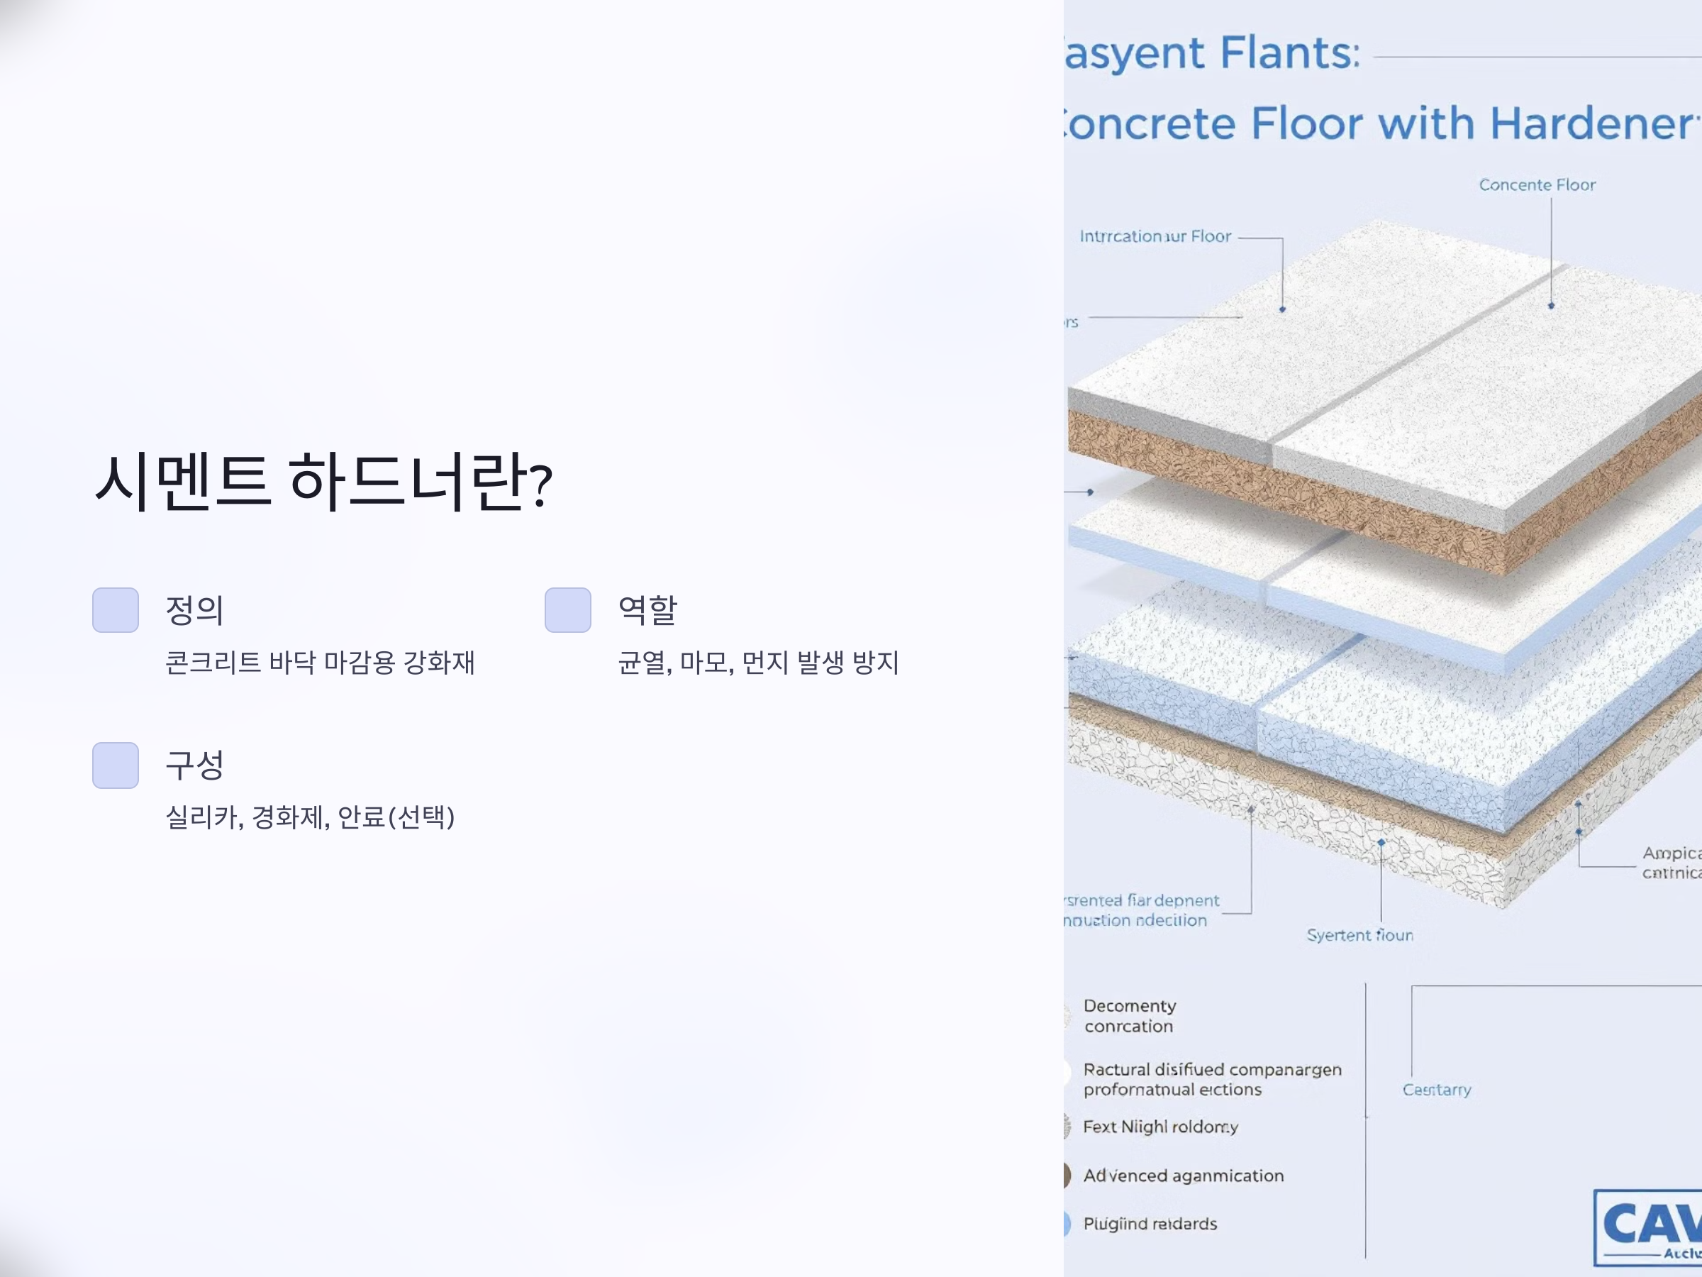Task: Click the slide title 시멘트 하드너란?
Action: [323, 482]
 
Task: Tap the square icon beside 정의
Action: [116, 609]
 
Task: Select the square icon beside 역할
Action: [568, 609]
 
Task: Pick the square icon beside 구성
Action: [116, 765]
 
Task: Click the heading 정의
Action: [195, 610]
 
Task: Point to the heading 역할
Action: [647, 610]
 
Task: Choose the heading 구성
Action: [195, 765]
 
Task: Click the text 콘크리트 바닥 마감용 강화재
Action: [320, 662]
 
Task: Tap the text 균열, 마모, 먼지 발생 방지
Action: [758, 662]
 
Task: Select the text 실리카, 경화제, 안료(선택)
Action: [310, 817]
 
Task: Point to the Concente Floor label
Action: [1537, 184]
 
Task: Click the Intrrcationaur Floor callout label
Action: [1155, 236]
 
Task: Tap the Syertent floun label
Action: [1359, 935]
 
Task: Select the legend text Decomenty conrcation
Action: [1130, 1016]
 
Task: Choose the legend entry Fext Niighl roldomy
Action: [1160, 1127]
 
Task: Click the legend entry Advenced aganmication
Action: [1184, 1176]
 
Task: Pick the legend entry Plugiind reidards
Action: [1150, 1224]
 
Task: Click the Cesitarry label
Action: [1437, 1090]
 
